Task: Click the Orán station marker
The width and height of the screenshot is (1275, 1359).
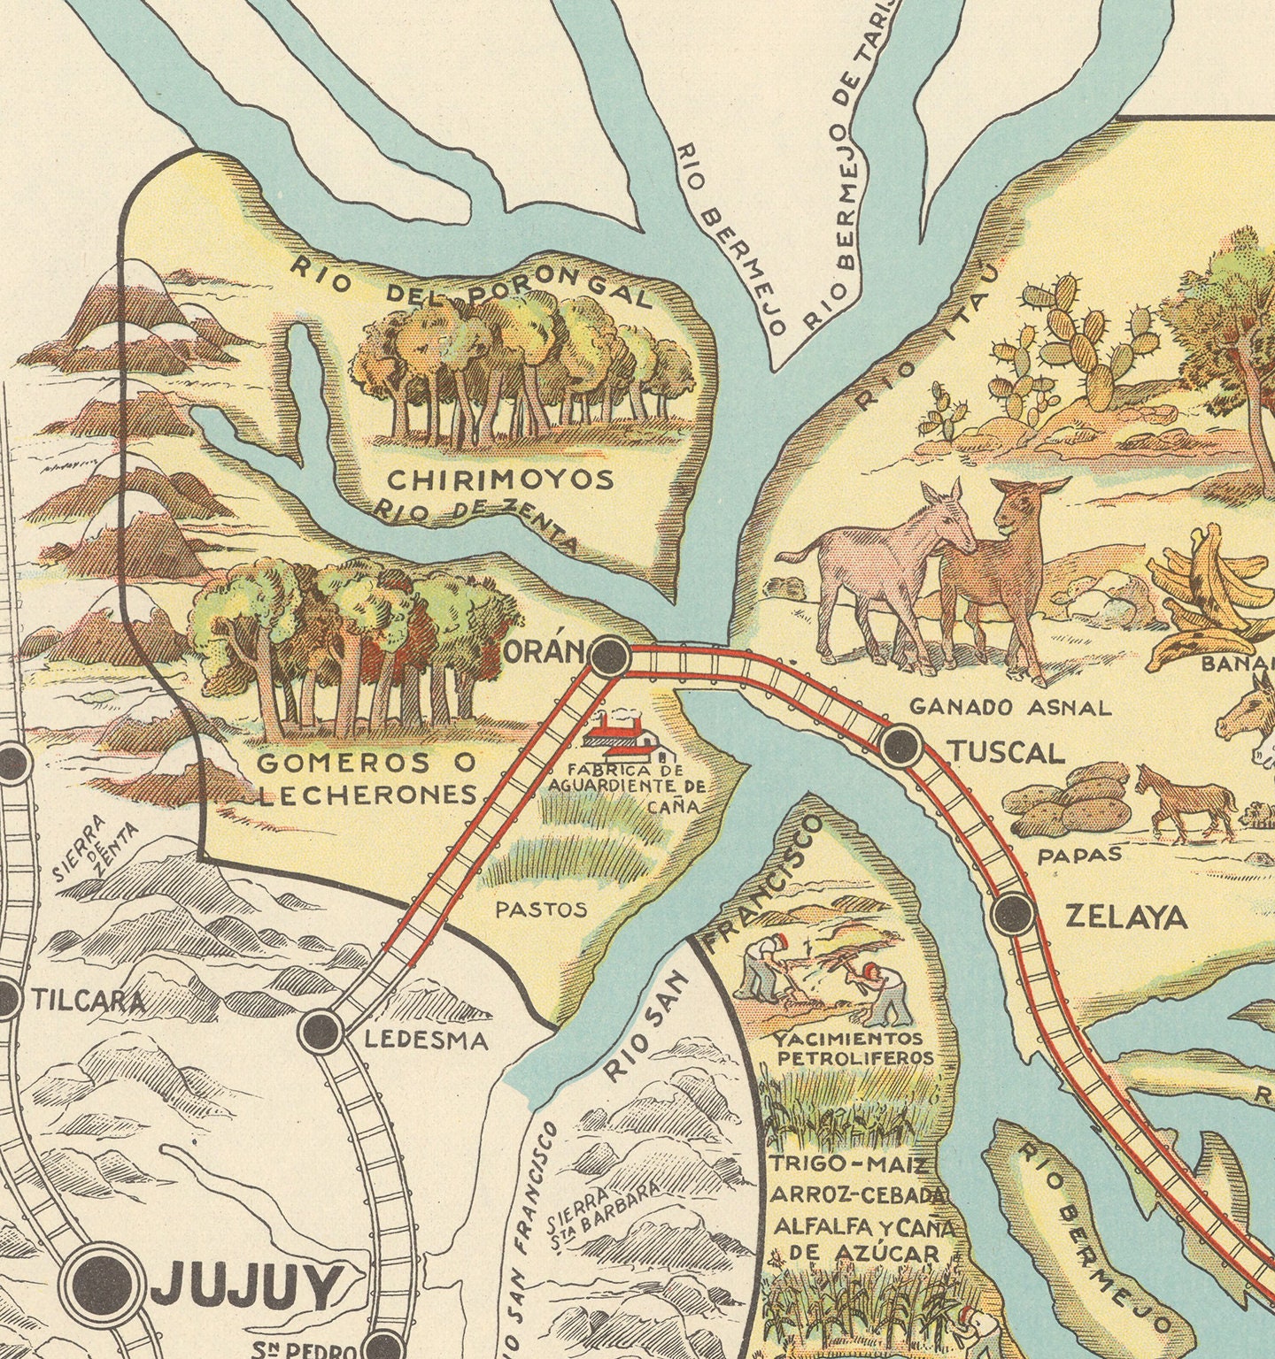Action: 609,656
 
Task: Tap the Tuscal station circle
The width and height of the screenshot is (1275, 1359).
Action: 901,745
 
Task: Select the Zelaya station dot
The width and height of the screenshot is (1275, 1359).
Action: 1013,914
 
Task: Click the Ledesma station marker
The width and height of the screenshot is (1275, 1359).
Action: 321,1030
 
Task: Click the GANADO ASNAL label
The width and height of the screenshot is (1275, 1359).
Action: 1009,707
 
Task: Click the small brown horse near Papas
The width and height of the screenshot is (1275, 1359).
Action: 1186,800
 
